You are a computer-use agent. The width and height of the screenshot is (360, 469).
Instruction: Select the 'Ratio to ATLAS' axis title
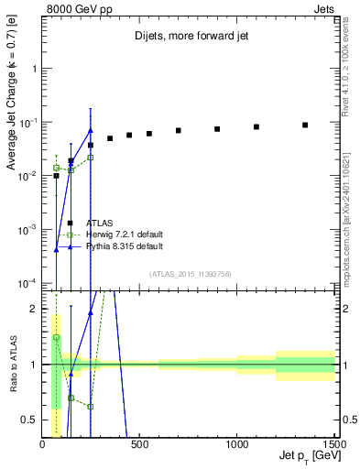[12, 364]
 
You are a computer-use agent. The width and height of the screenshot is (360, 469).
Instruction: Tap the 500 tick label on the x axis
[139, 443]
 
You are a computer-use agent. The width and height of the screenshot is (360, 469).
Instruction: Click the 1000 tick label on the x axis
[237, 443]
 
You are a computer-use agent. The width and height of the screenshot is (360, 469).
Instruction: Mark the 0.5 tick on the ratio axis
[31, 419]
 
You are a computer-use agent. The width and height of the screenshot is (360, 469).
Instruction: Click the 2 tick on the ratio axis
[35, 309]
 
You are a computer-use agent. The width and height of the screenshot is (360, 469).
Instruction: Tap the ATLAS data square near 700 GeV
[179, 130]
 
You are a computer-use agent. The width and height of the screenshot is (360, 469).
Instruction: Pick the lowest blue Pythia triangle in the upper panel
[56, 249]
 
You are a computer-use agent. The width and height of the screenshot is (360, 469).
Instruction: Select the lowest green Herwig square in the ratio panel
[91, 406]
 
